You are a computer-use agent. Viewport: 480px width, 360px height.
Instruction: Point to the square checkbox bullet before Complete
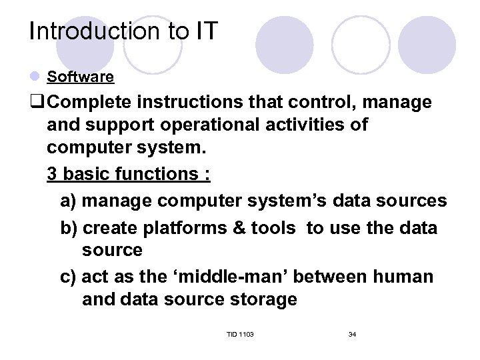click(x=36, y=103)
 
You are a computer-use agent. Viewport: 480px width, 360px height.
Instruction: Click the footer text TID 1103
click(x=240, y=334)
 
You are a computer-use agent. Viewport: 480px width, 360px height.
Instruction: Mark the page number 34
click(x=352, y=334)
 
